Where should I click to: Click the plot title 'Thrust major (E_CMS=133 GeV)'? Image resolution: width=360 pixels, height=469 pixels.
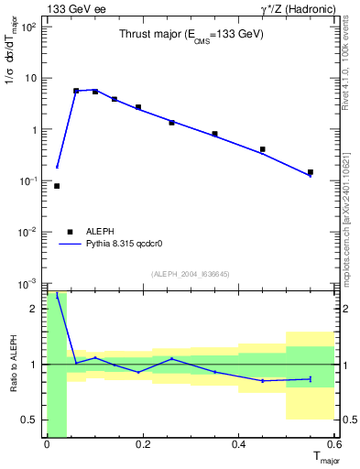point(191,35)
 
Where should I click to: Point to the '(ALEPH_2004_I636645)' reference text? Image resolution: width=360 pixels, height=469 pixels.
point(191,273)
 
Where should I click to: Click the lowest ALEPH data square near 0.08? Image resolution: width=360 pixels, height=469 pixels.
point(57,186)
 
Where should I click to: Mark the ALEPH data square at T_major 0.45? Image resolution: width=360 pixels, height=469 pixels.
point(263,149)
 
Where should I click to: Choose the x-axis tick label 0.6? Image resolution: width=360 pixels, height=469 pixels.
point(332,445)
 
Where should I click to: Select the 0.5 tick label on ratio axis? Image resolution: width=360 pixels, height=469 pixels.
point(30,420)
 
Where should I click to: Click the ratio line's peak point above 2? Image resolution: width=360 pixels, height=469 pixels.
point(57,296)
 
